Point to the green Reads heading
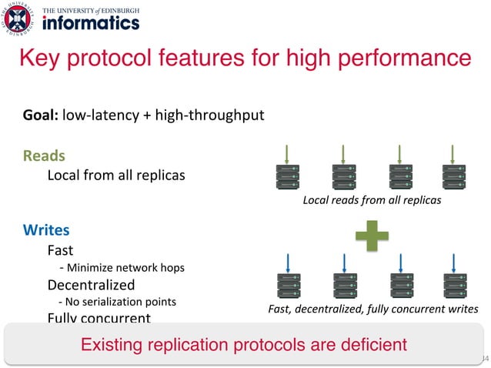click(44, 156)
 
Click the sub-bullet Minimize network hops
click(122, 268)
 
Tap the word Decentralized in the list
click(85, 285)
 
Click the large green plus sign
click(372, 236)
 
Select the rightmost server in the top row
click(453, 179)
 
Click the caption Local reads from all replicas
click(372, 201)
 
